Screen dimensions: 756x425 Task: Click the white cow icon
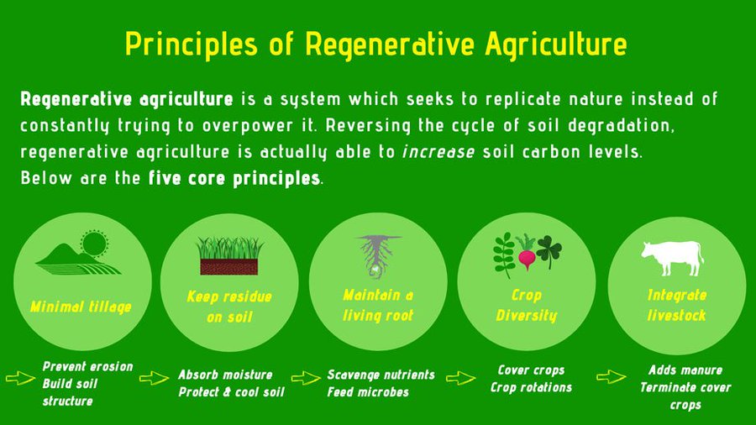[x=672, y=257]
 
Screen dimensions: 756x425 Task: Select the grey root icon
[x=377, y=256]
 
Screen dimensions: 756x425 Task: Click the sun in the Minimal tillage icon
[x=94, y=244]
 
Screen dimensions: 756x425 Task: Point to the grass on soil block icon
[x=229, y=256]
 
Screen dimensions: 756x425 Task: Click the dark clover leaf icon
[x=549, y=251]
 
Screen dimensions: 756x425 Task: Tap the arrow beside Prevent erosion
[x=20, y=378]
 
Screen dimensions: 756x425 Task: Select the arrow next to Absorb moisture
[x=154, y=378]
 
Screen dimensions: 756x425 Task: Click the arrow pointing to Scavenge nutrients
[x=306, y=378]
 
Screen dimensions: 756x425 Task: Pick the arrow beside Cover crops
[x=460, y=378]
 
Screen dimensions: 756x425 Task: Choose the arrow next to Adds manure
[x=612, y=377]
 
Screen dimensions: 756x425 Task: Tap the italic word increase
[x=438, y=152]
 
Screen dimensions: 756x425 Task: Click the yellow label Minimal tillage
[x=81, y=307]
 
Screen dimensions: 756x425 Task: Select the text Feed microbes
[x=368, y=391]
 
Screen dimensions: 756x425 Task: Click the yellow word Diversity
[x=527, y=316]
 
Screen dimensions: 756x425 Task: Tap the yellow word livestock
[x=676, y=315]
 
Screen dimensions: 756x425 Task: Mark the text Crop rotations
[x=531, y=387]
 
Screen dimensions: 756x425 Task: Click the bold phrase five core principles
[x=234, y=179]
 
